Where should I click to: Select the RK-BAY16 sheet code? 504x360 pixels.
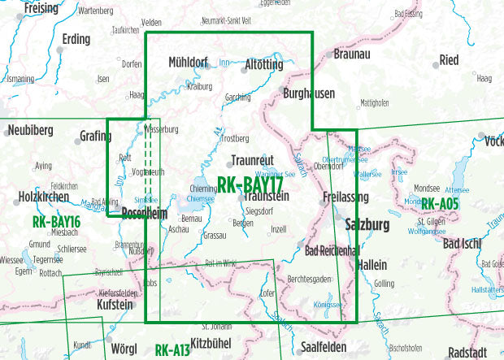tap(56, 221)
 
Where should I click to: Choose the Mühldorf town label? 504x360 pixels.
tap(189, 62)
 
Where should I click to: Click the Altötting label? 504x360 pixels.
tap(263, 63)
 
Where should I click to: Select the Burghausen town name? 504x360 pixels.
tap(309, 93)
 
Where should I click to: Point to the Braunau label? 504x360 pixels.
tap(352, 54)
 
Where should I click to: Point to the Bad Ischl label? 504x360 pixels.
tap(467, 242)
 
